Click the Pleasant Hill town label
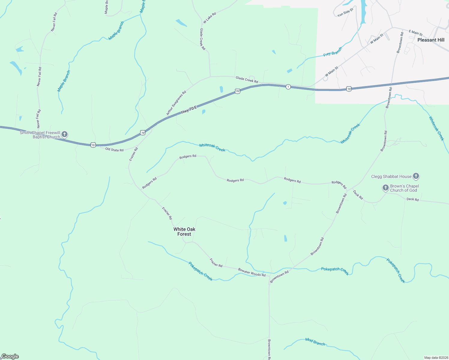[x=431, y=40]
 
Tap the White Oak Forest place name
[x=184, y=232]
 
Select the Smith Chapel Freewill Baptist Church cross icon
[x=65, y=134]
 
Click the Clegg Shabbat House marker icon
[x=416, y=176]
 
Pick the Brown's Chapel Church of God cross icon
[x=386, y=188]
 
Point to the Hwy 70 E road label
[x=189, y=110]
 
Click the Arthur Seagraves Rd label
[x=176, y=103]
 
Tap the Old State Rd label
[x=114, y=150]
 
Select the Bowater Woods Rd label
[x=252, y=272]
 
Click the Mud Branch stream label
[x=315, y=342]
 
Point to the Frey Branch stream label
[x=333, y=52]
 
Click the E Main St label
[x=416, y=33]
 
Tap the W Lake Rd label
[x=209, y=18]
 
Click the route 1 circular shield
[x=288, y=87]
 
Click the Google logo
[x=10, y=356]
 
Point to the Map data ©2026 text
[x=435, y=358]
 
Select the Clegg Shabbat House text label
[x=391, y=176]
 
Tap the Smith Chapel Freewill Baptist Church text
[x=40, y=135]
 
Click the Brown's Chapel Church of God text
[x=404, y=188]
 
